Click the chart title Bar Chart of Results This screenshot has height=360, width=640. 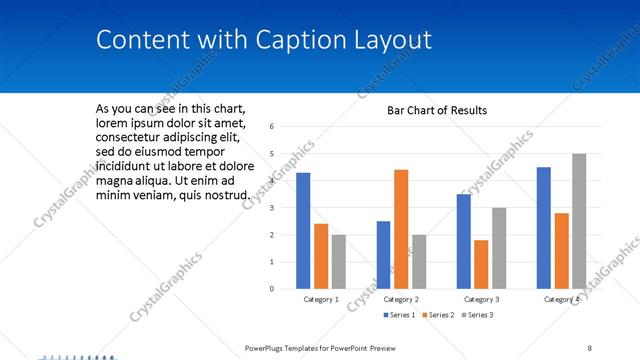[x=437, y=110]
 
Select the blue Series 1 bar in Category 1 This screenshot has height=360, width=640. [x=303, y=231]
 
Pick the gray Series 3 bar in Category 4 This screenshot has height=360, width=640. [x=579, y=221]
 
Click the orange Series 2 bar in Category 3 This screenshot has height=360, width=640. [x=481, y=264]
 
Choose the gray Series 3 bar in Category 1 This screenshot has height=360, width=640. [x=339, y=262]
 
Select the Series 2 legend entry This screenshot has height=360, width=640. [x=438, y=315]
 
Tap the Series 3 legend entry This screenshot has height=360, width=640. [x=477, y=315]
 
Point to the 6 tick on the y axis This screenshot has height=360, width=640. [x=271, y=127]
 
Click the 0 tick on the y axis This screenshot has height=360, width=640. [x=271, y=289]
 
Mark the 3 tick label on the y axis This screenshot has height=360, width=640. [x=271, y=208]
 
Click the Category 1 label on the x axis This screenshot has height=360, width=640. [x=321, y=299]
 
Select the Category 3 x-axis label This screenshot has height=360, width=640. [x=481, y=299]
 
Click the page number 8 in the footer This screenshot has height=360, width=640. [x=590, y=347]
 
